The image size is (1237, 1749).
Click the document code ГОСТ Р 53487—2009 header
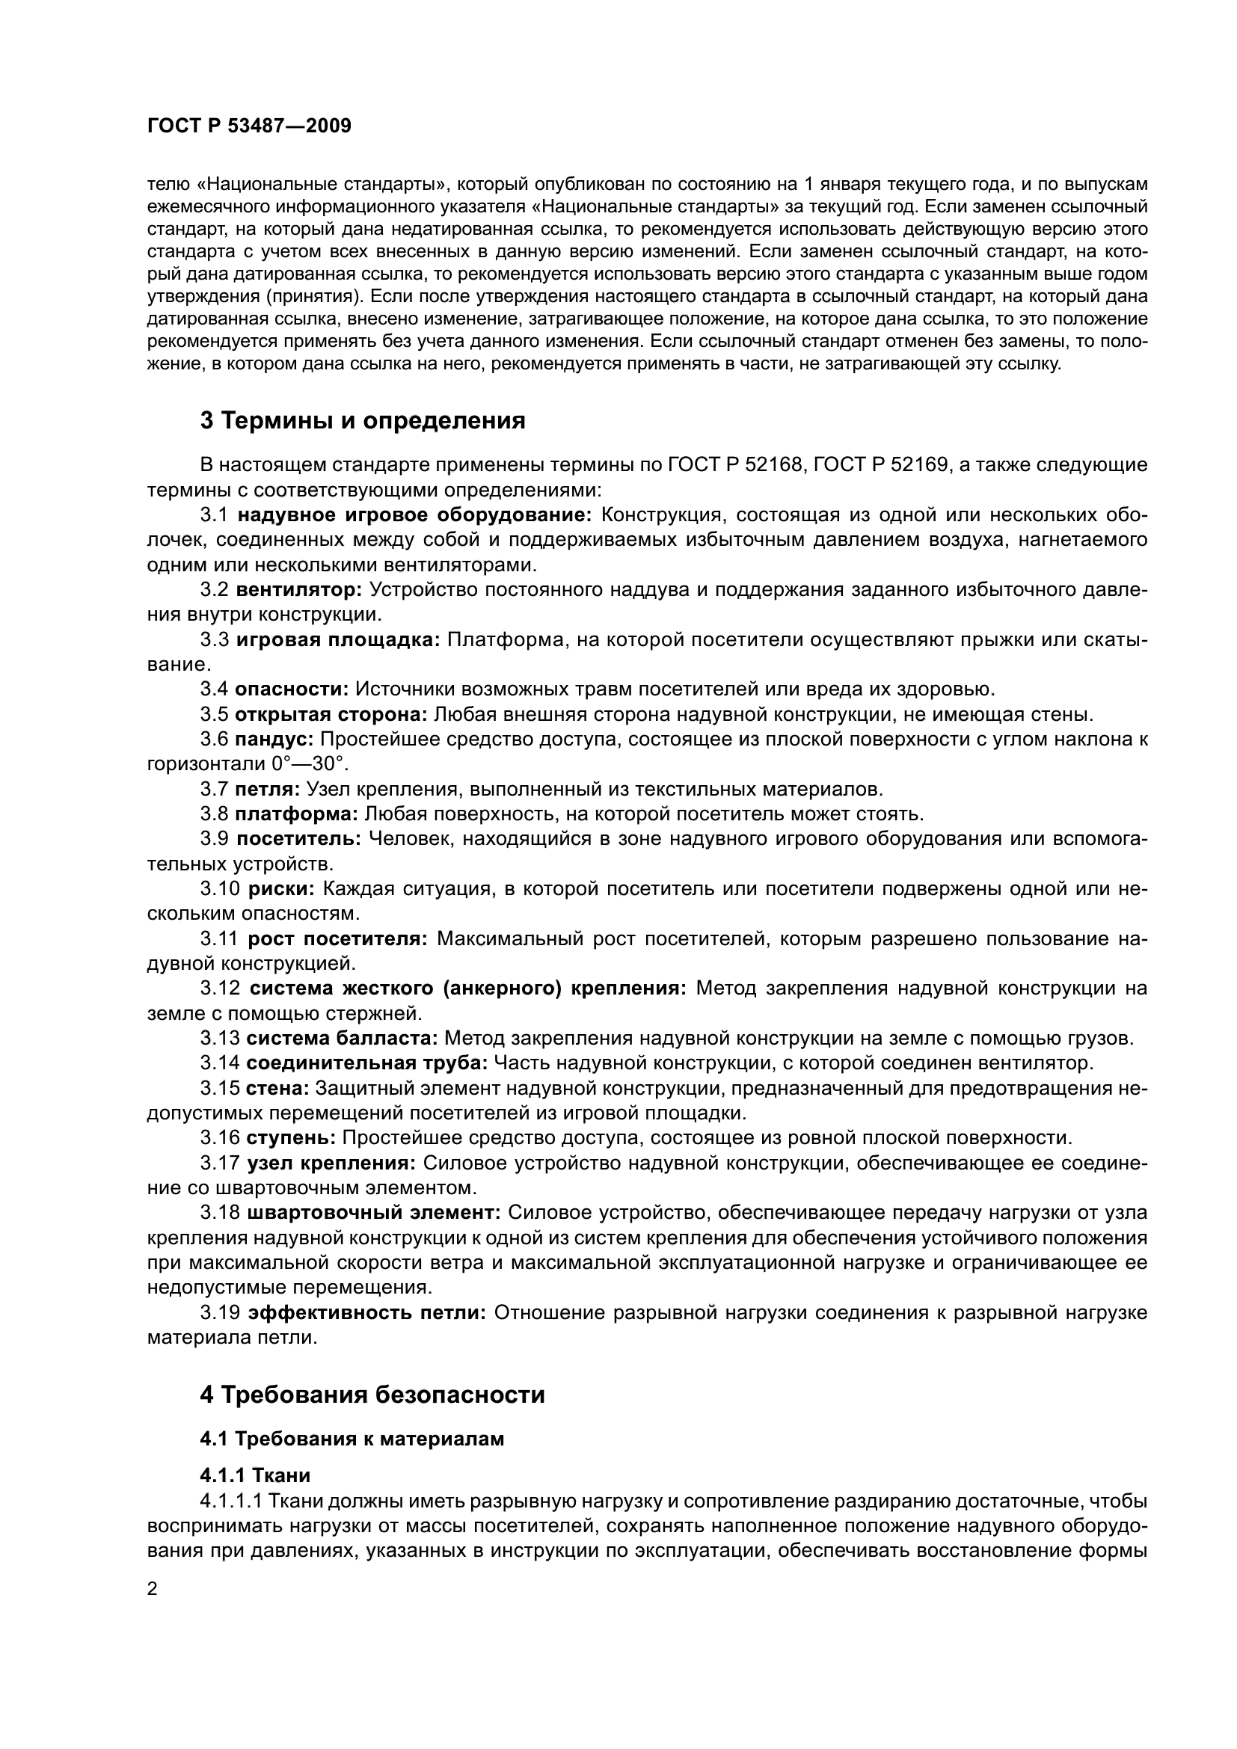pos(249,126)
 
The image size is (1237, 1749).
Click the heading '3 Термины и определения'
pos(363,420)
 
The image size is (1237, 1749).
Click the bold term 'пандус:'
pos(274,739)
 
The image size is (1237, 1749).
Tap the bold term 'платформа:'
pos(296,814)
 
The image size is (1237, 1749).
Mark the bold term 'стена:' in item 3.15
pos(277,1089)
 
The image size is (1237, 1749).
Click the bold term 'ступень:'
pos(291,1138)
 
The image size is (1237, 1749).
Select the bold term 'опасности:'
pos(292,689)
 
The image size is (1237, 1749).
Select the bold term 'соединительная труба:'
pos(366,1063)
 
